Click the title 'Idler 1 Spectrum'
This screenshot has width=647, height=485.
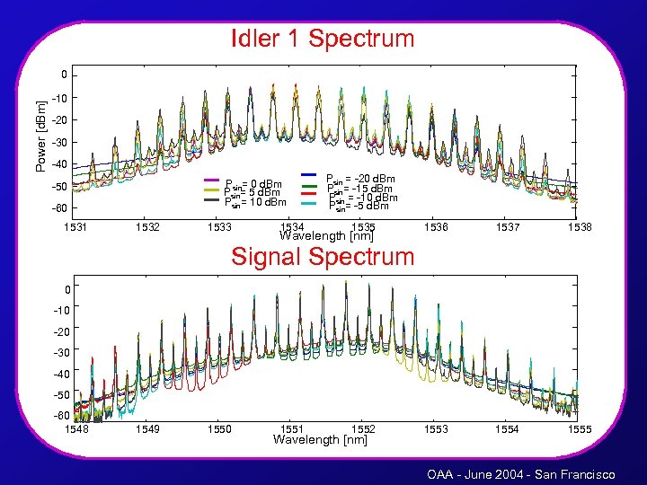pyautogui.click(x=323, y=40)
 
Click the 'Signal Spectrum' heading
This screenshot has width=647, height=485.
pyautogui.click(x=323, y=257)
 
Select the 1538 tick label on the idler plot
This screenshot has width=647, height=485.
pyautogui.click(x=579, y=228)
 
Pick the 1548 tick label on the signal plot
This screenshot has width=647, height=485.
pyautogui.click(x=75, y=429)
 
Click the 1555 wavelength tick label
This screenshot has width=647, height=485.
pyautogui.click(x=579, y=429)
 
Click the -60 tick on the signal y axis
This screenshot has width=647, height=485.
pyautogui.click(x=60, y=416)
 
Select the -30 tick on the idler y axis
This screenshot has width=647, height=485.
pyautogui.click(x=59, y=142)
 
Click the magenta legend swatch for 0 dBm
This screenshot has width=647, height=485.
pyautogui.click(x=213, y=180)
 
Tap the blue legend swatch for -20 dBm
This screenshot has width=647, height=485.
pyautogui.click(x=308, y=174)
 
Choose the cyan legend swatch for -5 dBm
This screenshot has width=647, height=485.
pyautogui.click(x=308, y=204)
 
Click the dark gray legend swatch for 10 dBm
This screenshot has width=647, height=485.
pyautogui.click(x=213, y=200)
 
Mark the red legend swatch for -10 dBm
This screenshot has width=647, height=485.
pyautogui.click(x=308, y=194)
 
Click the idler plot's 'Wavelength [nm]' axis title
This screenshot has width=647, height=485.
pyautogui.click(x=326, y=237)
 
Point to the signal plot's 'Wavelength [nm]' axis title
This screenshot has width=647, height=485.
pyautogui.click(x=321, y=439)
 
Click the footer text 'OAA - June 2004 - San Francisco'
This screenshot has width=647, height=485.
pyautogui.click(x=521, y=473)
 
